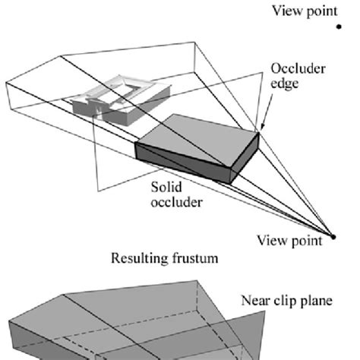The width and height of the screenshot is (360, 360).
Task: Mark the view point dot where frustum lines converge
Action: pos(332,239)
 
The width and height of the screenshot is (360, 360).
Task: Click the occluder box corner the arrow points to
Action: pos(258,135)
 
